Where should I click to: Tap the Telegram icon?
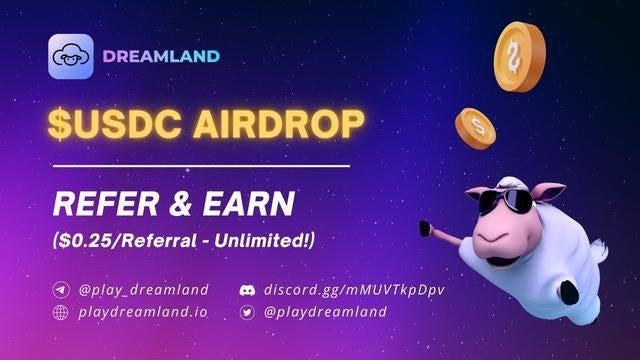coord(62,290)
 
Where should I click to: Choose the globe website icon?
coord(62,312)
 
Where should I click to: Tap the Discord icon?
coord(247,290)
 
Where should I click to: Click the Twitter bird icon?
coord(247,312)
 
